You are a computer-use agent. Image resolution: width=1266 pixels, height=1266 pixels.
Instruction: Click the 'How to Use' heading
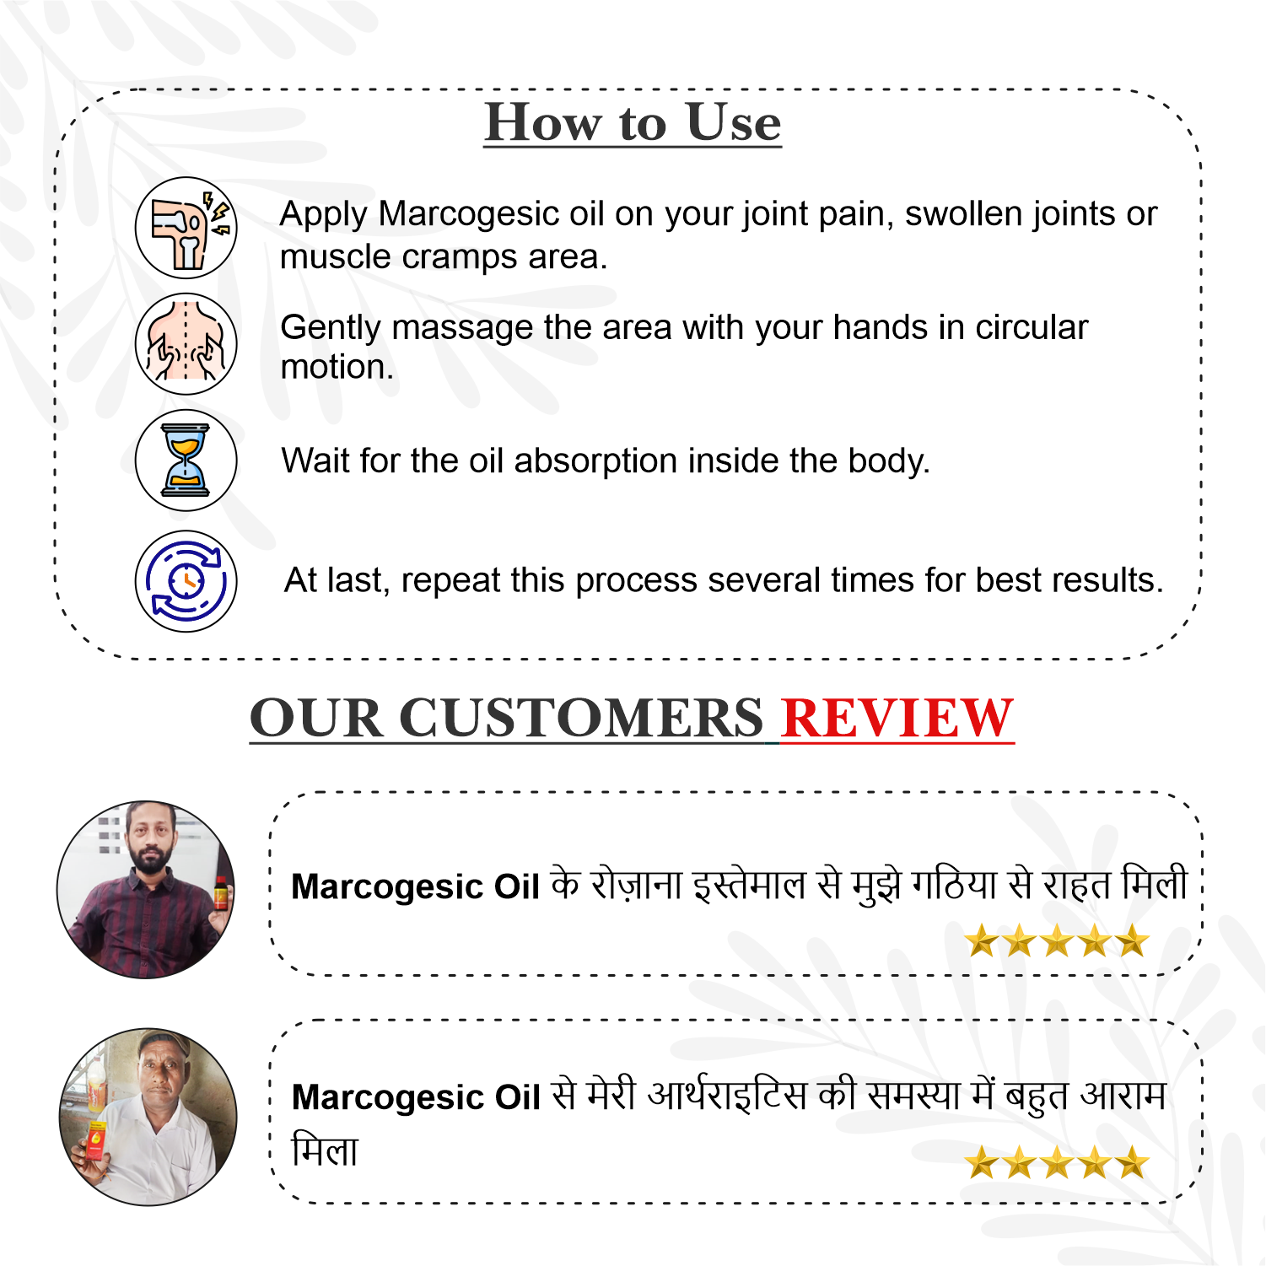click(x=633, y=123)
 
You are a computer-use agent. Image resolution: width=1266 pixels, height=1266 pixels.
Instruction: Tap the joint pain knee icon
click(x=186, y=228)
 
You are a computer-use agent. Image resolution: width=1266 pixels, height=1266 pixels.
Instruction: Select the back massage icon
click(x=186, y=344)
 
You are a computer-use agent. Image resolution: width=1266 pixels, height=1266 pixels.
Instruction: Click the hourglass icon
click(x=186, y=461)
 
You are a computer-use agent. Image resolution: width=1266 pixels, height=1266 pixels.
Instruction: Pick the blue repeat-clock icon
click(x=186, y=581)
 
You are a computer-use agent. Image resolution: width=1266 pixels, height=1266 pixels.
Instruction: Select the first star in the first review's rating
click(x=983, y=940)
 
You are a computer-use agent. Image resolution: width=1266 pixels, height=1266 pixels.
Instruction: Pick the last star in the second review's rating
click(x=1132, y=1162)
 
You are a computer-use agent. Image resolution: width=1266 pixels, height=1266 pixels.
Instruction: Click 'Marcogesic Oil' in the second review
click(x=416, y=1097)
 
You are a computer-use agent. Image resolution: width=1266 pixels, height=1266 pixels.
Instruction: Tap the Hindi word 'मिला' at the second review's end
click(x=325, y=1150)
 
